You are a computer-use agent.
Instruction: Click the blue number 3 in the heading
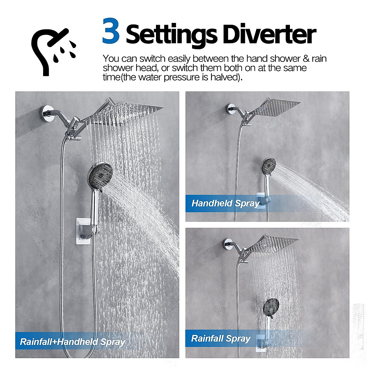click(111, 32)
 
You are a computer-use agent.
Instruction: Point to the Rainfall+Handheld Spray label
click(72, 342)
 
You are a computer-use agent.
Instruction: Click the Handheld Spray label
click(225, 203)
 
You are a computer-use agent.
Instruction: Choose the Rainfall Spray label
click(221, 339)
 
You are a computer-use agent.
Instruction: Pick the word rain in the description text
click(319, 58)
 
